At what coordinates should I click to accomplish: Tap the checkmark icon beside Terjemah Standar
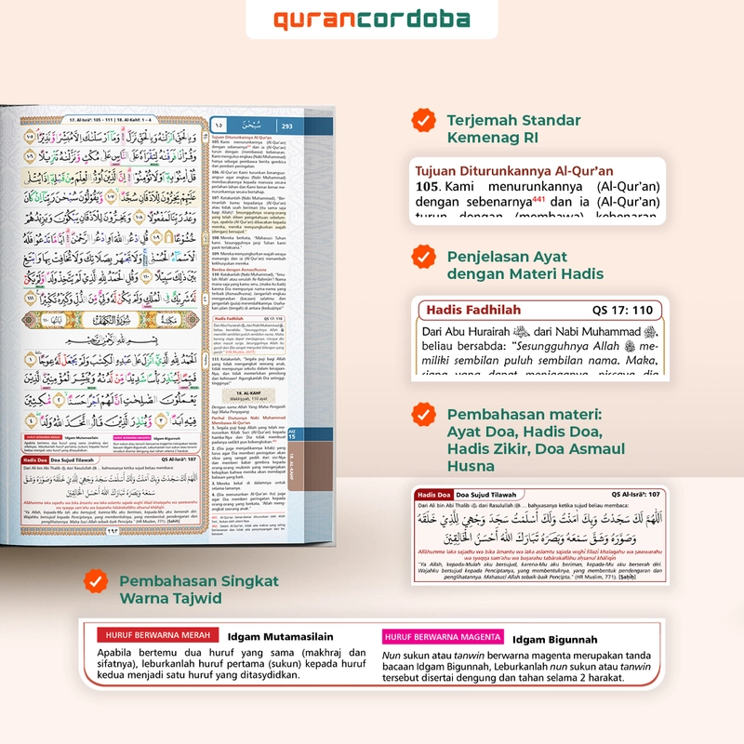424,121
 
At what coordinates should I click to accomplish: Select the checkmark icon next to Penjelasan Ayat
424,256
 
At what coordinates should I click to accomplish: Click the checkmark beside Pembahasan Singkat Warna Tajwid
94,581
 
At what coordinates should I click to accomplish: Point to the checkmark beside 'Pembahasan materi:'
424,413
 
